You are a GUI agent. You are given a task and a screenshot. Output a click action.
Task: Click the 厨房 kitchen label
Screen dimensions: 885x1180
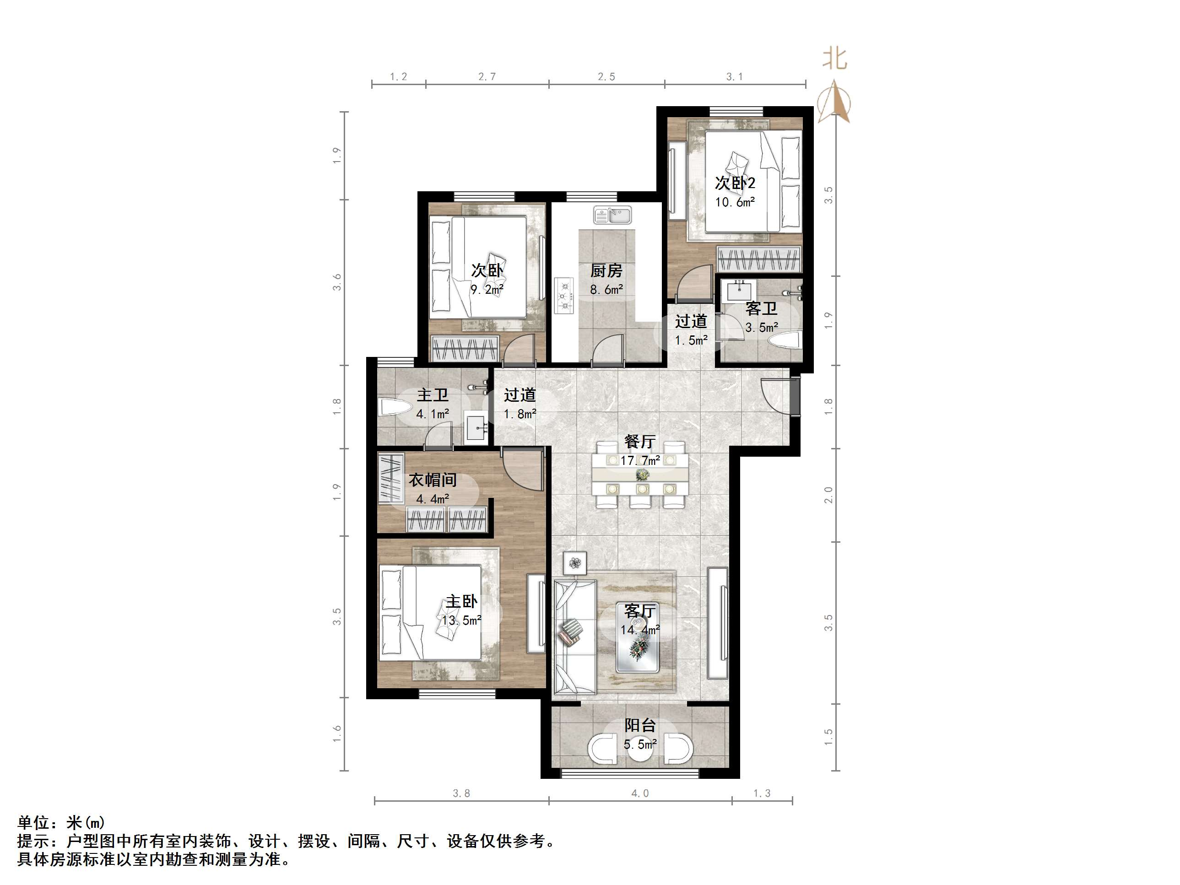point(606,271)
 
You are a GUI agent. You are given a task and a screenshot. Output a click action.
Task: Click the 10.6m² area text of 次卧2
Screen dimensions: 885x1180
point(735,202)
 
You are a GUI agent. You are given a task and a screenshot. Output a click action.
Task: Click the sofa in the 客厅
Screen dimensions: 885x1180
point(574,637)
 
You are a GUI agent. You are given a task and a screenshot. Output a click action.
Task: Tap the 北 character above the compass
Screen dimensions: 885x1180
point(835,59)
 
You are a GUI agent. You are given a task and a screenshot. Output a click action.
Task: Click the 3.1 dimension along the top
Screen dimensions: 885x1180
point(734,77)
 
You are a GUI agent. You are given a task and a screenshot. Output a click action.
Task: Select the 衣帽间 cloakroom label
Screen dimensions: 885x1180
point(432,480)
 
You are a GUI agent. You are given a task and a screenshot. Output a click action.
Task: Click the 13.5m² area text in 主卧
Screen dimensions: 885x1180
point(461,621)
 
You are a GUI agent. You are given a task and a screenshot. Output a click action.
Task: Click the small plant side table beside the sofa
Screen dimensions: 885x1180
point(574,563)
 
